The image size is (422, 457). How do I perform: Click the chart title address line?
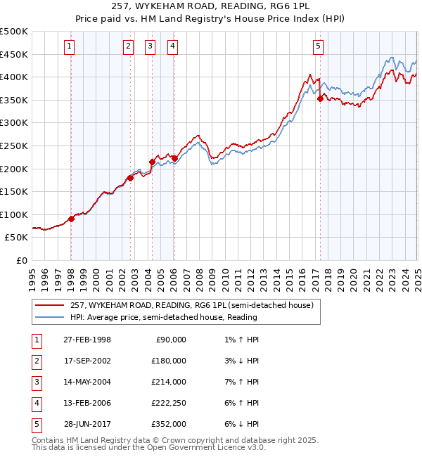(210, 6)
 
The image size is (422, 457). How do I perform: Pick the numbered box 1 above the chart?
(70, 46)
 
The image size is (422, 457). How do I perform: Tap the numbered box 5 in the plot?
(319, 46)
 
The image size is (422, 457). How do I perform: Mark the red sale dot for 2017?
(320, 99)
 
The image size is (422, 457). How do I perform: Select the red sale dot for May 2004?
(152, 162)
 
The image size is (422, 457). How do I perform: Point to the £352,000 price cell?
(170, 424)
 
